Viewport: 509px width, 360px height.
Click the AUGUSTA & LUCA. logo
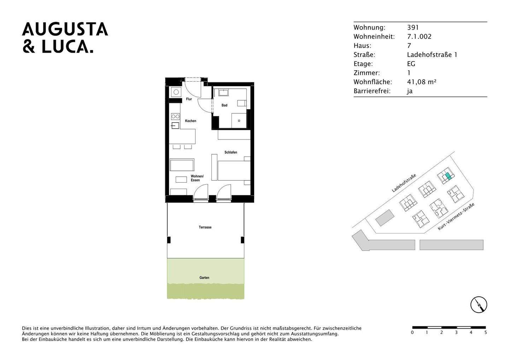pos(65,38)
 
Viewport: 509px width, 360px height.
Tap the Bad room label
pos(224,105)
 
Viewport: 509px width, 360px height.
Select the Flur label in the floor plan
pos(189,99)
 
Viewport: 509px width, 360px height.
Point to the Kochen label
pos(191,121)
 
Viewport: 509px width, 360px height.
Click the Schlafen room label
pos(231,152)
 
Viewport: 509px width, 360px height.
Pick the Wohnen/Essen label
pos(197,178)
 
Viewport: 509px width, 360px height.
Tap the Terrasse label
pos(205,227)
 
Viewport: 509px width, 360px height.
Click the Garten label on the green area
pos(204,278)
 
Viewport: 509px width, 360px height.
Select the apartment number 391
pos(413,28)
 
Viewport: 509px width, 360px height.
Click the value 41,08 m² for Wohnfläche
pos(422,82)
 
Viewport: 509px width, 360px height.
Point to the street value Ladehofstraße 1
pos(432,55)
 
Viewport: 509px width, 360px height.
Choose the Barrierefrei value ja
pos(410,91)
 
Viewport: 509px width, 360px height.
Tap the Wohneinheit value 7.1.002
pos(419,37)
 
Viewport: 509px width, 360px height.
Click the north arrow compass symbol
pos(479,305)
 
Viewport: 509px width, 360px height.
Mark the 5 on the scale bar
pos(486,332)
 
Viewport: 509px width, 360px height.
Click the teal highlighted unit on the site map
pos(448,176)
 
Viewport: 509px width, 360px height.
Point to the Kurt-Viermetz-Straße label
pos(456,217)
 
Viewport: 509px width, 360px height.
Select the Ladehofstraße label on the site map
pos(404,183)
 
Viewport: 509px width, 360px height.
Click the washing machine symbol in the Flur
pos(175,92)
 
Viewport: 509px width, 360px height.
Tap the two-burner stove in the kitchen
pos(175,116)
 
